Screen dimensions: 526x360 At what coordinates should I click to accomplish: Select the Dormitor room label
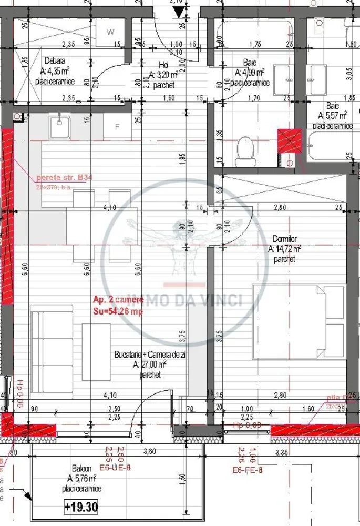284,239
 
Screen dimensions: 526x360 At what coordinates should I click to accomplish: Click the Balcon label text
81,468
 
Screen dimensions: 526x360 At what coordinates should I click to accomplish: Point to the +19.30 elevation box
81,507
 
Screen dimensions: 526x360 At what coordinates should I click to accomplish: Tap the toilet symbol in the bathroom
245,149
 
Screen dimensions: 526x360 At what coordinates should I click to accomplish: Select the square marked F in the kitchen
117,127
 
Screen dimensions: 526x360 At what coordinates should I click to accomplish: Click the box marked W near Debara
110,32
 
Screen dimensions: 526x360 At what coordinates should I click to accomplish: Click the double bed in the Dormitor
298,321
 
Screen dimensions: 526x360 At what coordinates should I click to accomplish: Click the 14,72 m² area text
284,249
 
